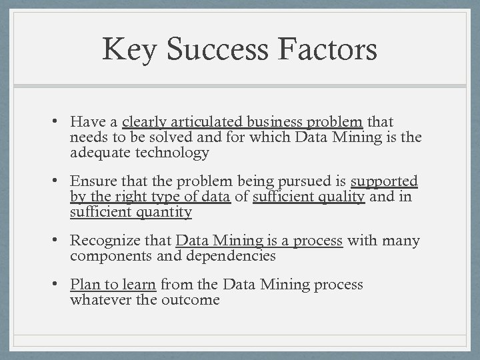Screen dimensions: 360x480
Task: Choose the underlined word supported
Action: click(x=384, y=182)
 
